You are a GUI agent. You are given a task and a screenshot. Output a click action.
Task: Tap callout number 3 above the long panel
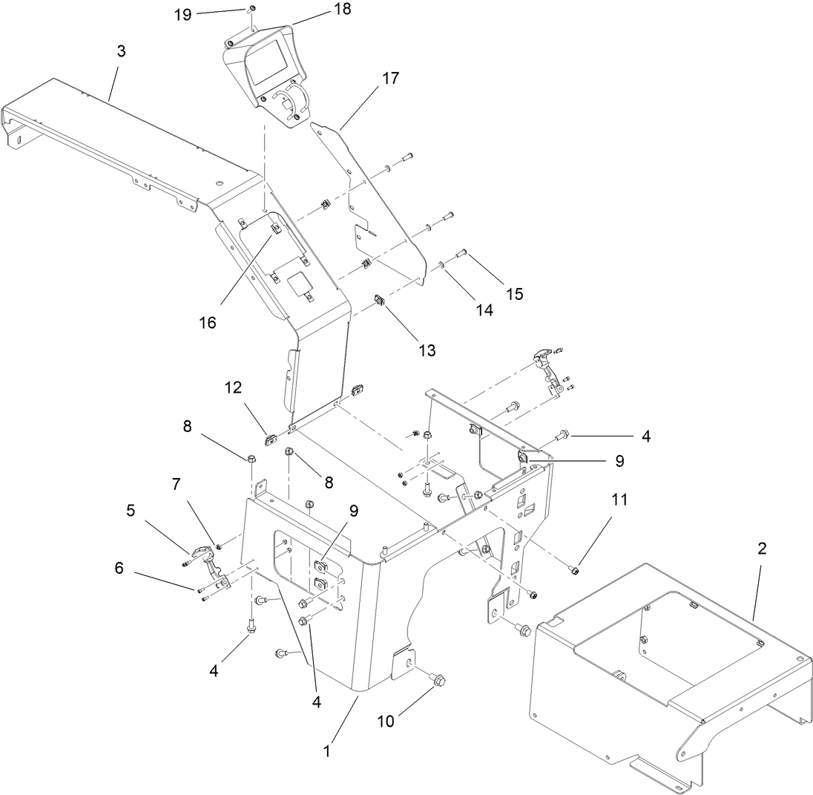click(122, 51)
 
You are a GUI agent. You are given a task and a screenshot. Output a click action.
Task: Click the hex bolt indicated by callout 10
click(438, 678)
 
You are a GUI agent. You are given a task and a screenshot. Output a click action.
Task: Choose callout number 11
click(619, 500)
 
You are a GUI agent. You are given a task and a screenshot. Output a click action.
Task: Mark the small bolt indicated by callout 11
click(575, 570)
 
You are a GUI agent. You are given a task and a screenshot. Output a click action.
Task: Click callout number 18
click(343, 9)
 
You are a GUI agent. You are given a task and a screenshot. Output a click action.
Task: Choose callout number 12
click(234, 387)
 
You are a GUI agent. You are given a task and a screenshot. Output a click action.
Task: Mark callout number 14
click(484, 311)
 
